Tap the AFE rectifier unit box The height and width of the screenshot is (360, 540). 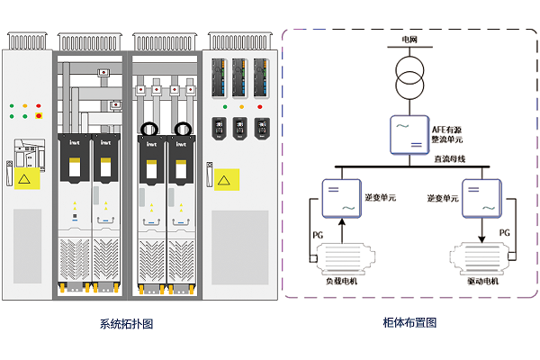click(409, 132)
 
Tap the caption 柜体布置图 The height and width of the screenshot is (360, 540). click(409, 322)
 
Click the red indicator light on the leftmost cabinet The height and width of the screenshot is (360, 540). click(39, 115)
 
